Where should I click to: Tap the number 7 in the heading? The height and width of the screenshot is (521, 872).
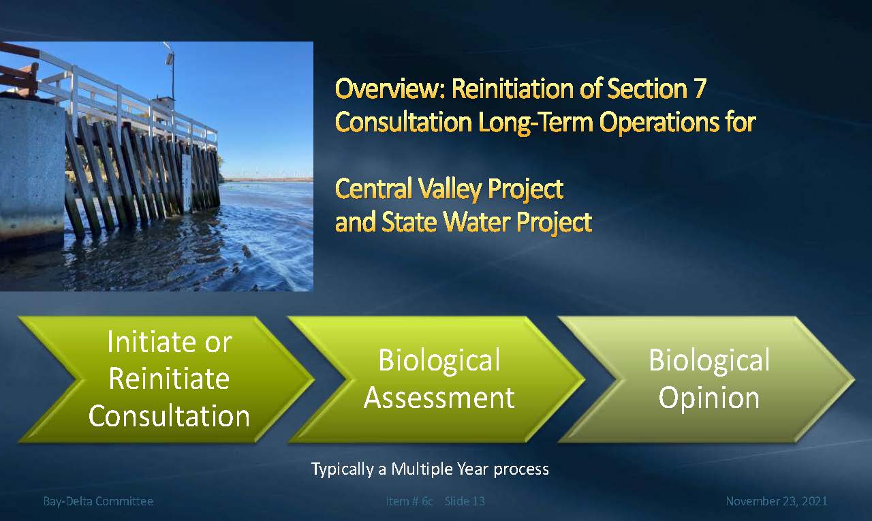point(700,89)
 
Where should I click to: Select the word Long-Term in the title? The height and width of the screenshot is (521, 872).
point(535,123)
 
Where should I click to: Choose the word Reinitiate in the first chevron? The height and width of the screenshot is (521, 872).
point(169,379)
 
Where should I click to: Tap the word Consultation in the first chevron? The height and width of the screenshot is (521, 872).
point(169,416)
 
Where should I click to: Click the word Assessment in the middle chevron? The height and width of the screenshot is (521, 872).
point(439,398)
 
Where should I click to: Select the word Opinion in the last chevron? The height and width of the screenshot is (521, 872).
point(709,398)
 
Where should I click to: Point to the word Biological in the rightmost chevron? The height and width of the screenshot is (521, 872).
point(709,361)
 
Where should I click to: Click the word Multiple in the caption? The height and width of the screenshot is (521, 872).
point(422,469)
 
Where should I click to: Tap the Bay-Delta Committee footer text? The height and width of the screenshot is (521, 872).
point(98,501)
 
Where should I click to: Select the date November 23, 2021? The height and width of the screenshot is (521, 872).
point(777,501)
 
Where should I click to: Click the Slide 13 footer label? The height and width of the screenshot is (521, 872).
point(465,501)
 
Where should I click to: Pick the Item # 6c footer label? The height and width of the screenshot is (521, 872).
point(409,501)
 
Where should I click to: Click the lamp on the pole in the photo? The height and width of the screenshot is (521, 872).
point(169,59)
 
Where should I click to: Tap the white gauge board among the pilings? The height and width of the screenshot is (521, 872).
point(187,184)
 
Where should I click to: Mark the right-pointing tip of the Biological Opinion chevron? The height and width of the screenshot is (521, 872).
point(854,379)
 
